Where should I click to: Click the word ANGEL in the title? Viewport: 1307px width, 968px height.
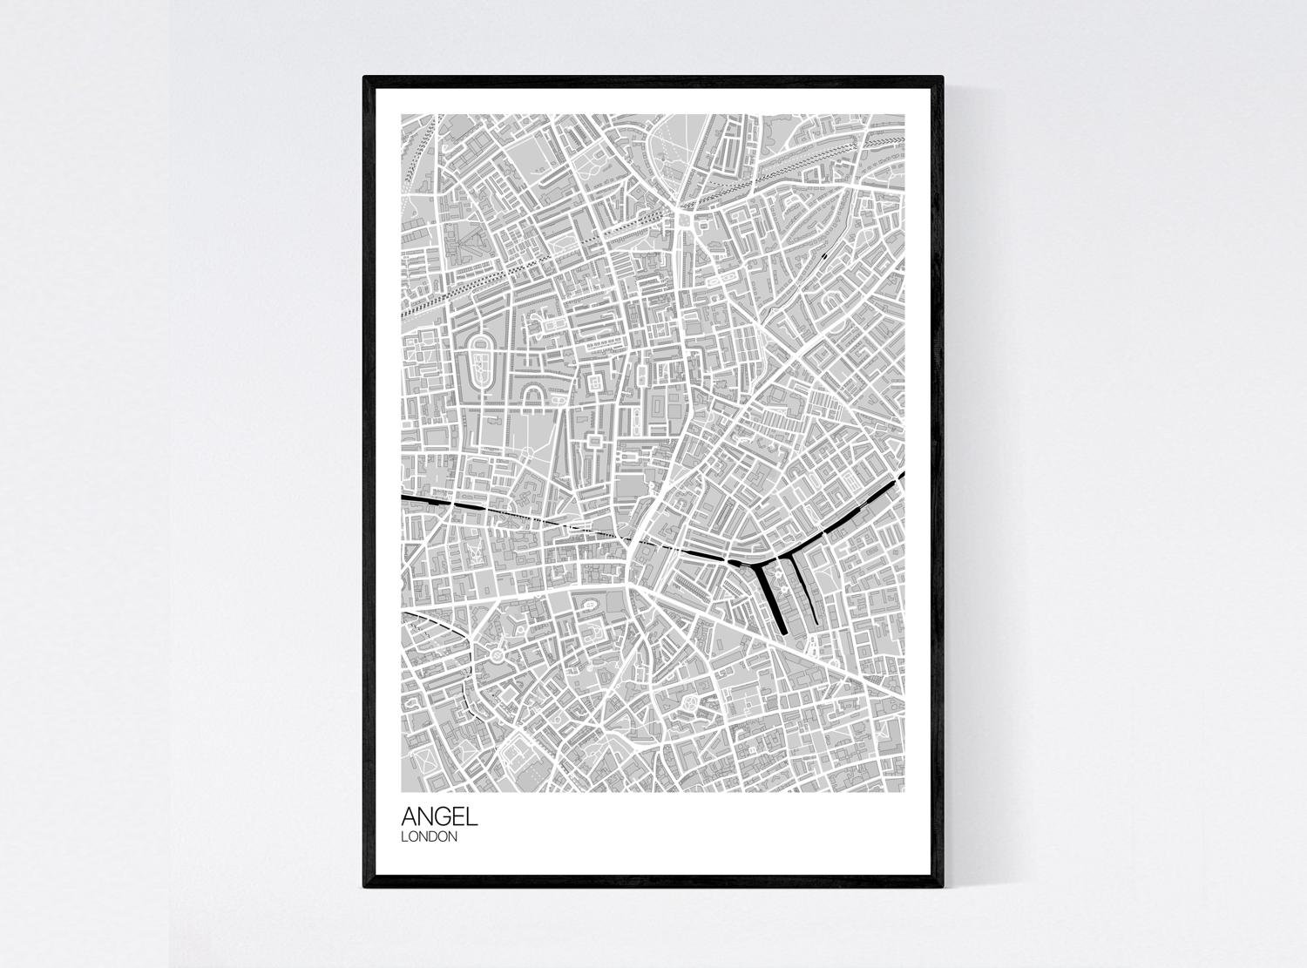[439, 816]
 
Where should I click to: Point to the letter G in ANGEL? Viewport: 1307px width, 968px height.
[444, 816]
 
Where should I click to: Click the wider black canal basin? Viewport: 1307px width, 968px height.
[771, 597]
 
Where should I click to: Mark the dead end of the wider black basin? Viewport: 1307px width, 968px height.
[782, 629]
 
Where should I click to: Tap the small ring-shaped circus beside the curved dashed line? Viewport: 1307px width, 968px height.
[497, 651]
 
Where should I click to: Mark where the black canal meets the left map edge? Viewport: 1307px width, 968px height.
[403, 497]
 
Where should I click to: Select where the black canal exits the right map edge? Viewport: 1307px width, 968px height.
[903, 476]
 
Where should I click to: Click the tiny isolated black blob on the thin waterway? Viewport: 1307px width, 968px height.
[824, 256]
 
